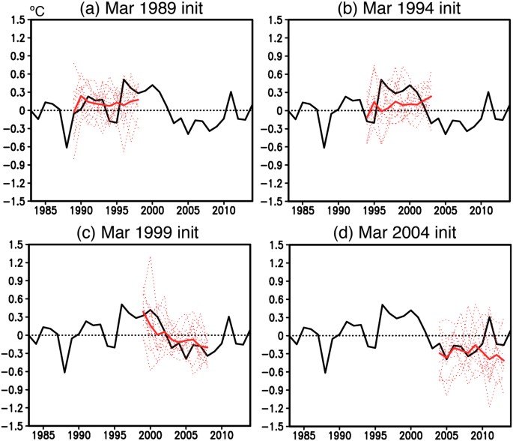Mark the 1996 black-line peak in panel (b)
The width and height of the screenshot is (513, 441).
pos(382,79)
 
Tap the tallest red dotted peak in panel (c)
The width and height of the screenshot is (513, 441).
pos(149,257)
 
